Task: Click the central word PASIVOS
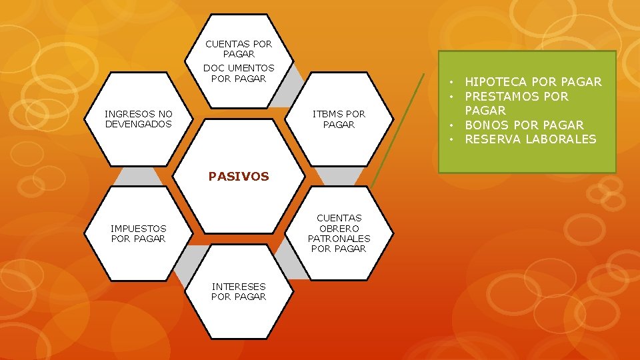[239, 177]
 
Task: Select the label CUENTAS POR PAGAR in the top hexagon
[239, 49]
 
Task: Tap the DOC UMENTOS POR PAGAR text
[239, 73]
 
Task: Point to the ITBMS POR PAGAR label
[339, 119]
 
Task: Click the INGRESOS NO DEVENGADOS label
[139, 119]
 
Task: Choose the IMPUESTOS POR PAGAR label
[139, 233]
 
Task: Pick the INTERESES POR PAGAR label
[239, 291]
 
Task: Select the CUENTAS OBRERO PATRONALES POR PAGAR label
[339, 233]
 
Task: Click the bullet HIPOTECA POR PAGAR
[533, 82]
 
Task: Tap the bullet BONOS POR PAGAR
[524, 125]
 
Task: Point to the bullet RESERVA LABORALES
[530, 139]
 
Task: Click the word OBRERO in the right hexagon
[339, 228]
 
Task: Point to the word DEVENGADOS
[139, 124]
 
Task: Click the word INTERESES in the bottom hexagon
[239, 286]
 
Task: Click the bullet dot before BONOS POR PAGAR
[451, 125]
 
